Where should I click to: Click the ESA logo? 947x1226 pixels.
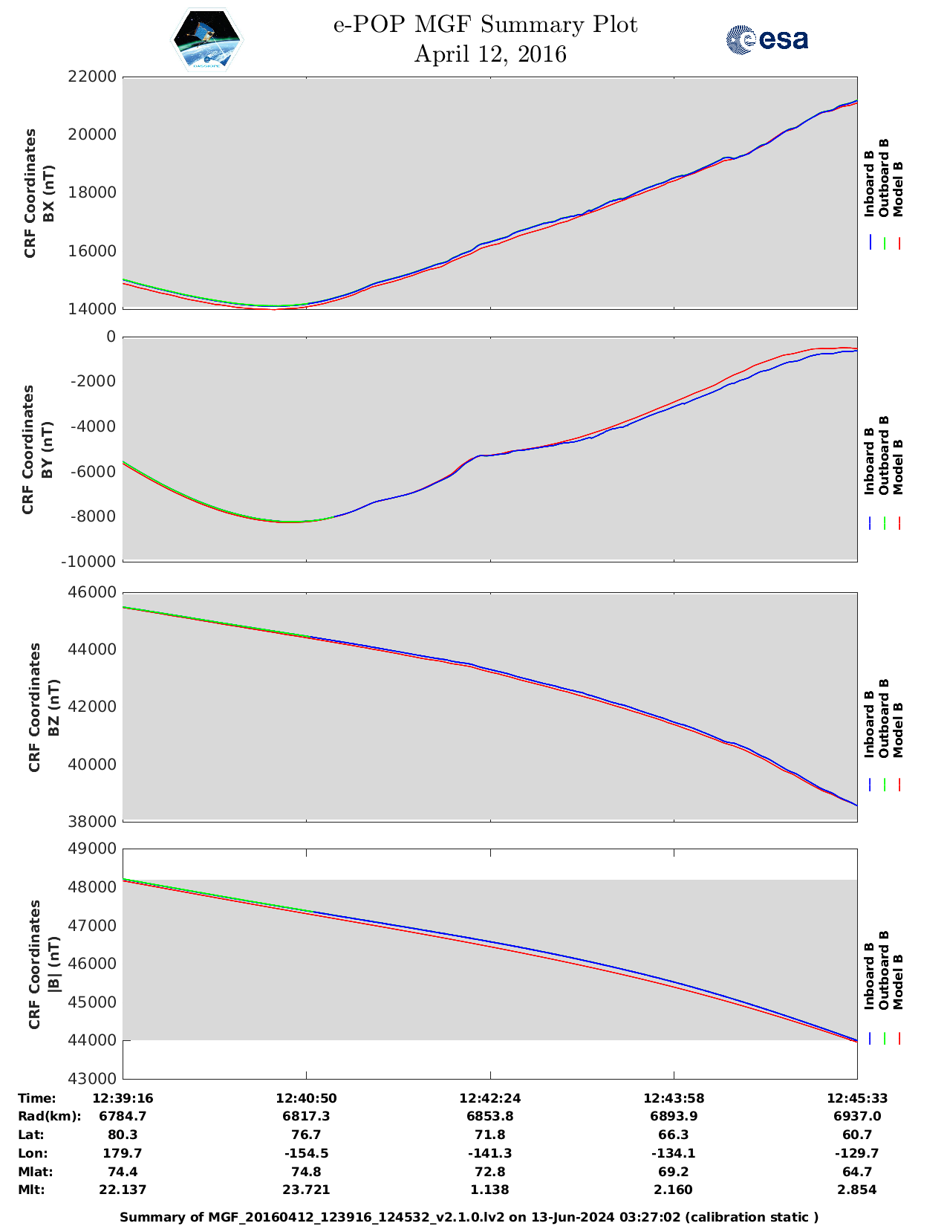click(767, 39)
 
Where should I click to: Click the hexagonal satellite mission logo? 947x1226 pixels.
click(207, 40)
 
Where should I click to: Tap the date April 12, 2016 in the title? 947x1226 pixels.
click(490, 54)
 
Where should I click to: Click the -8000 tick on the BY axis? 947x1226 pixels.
click(92, 516)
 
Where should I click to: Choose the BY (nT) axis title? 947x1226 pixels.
click(46, 449)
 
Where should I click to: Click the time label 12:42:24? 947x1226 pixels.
click(489, 1098)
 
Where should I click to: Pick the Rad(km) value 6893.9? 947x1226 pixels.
click(674, 1116)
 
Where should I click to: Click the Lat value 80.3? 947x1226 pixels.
click(123, 1135)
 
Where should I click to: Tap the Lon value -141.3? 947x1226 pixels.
click(489, 1153)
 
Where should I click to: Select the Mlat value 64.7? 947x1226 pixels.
click(857, 1172)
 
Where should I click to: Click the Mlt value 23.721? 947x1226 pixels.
click(306, 1190)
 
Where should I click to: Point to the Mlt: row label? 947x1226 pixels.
click(31, 1190)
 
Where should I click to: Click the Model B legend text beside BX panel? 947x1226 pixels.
click(898, 189)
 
